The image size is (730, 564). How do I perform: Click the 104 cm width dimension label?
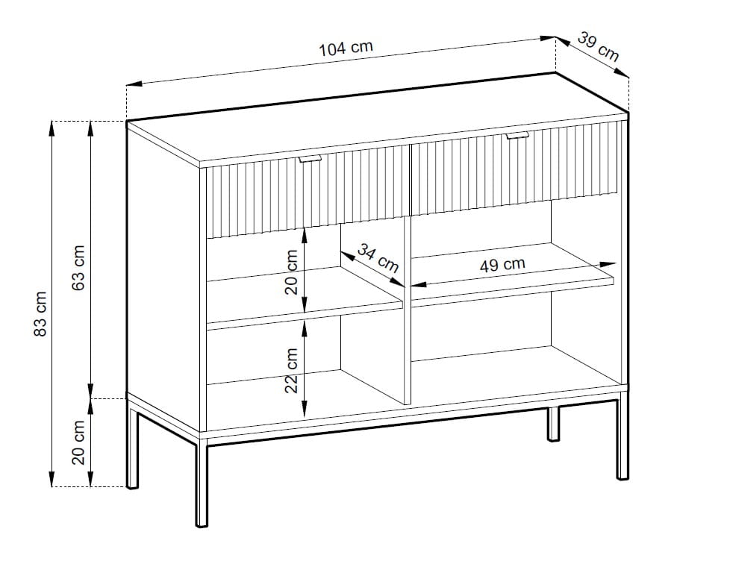click(346, 48)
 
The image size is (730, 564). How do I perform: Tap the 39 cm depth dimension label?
click(599, 46)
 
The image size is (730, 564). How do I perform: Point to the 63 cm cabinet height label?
click(78, 268)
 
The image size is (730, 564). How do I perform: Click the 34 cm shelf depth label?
click(378, 258)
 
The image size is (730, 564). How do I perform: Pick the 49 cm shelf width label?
click(502, 264)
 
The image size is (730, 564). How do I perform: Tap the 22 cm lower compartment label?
click(291, 371)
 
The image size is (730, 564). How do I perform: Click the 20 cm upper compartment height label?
click(291, 272)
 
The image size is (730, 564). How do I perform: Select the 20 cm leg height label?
click(78, 442)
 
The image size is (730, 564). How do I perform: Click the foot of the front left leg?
click(202, 525)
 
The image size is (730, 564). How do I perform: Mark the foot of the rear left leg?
click(133, 486)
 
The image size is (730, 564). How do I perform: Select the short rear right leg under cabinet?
click(553, 424)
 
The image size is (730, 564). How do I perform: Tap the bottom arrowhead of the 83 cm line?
click(52, 479)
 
